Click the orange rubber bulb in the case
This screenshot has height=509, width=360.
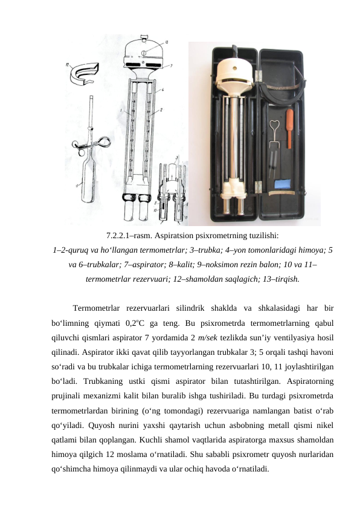(x=289, y=128)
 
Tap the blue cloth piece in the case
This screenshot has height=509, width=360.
(x=281, y=184)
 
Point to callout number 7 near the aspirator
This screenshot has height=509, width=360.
(x=171, y=64)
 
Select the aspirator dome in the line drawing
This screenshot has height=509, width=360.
(x=143, y=51)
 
